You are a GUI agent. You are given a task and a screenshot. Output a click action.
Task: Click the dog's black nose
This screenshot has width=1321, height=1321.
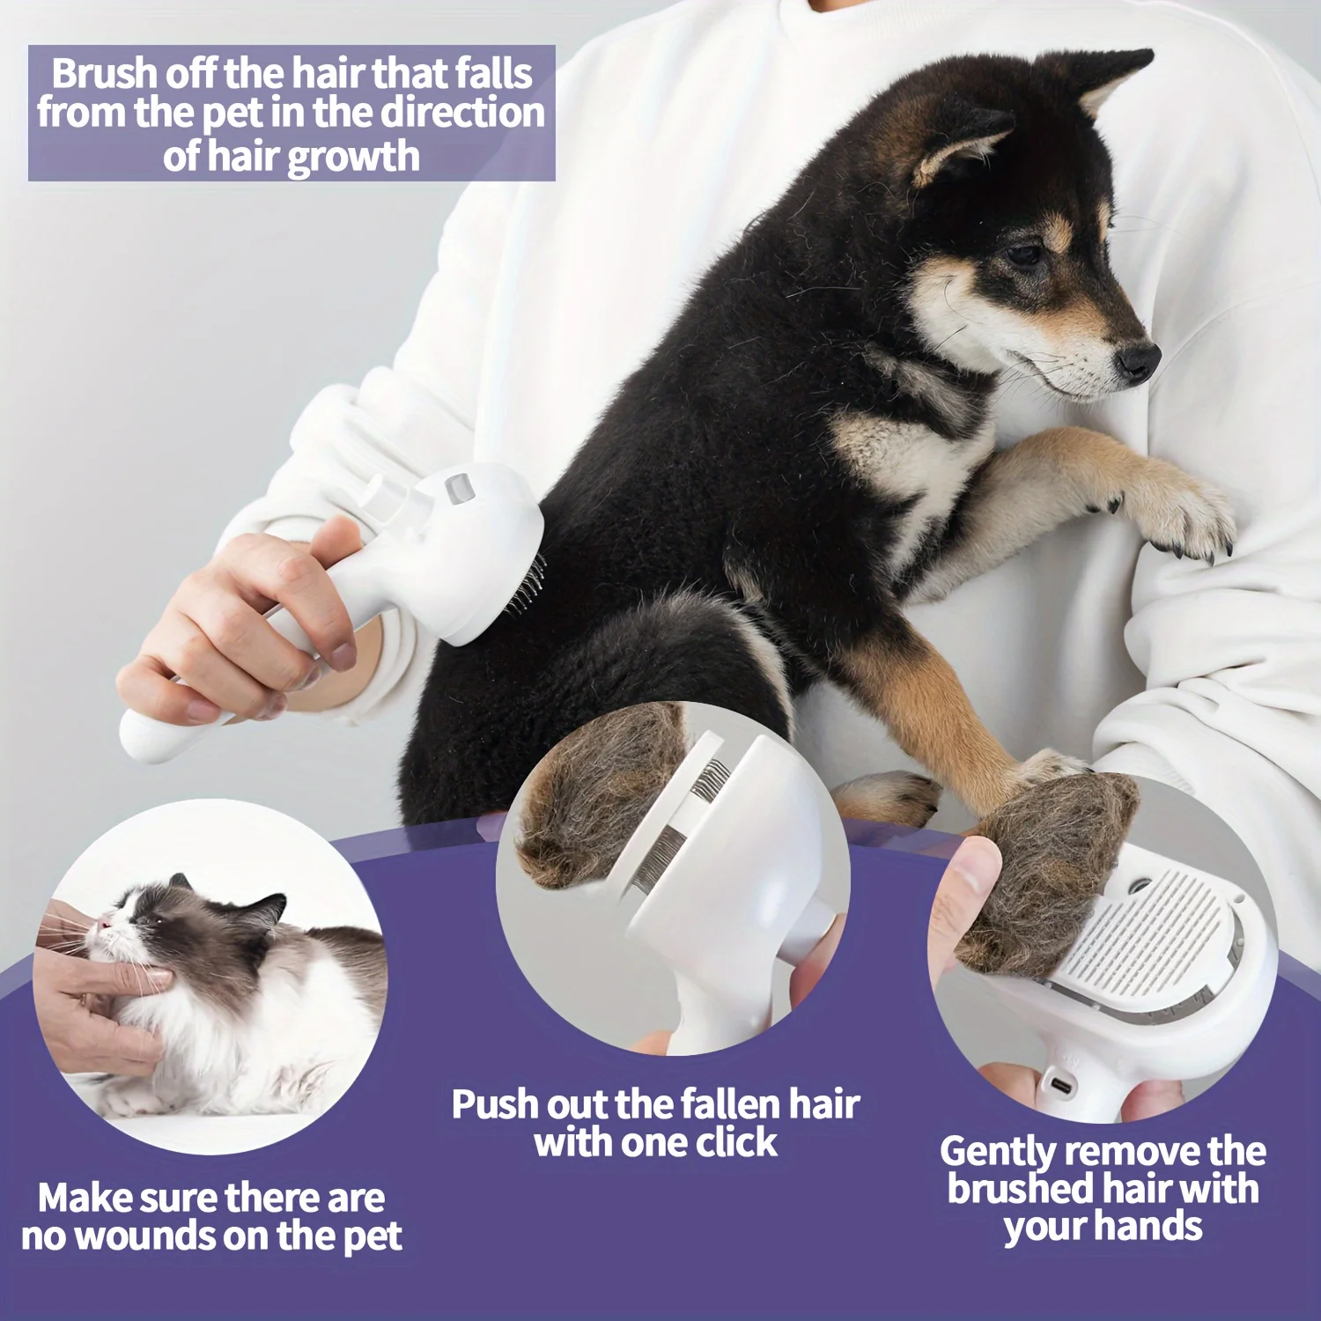(1138, 359)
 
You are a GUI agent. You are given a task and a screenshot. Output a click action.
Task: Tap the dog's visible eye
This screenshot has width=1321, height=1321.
(1023, 256)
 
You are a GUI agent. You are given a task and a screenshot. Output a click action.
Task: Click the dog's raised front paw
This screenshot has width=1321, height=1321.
(1184, 520)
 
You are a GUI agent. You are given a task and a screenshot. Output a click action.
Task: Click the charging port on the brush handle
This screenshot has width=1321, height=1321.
(1062, 1085)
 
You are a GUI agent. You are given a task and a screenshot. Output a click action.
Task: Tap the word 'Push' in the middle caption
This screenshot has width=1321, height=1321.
(495, 1104)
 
